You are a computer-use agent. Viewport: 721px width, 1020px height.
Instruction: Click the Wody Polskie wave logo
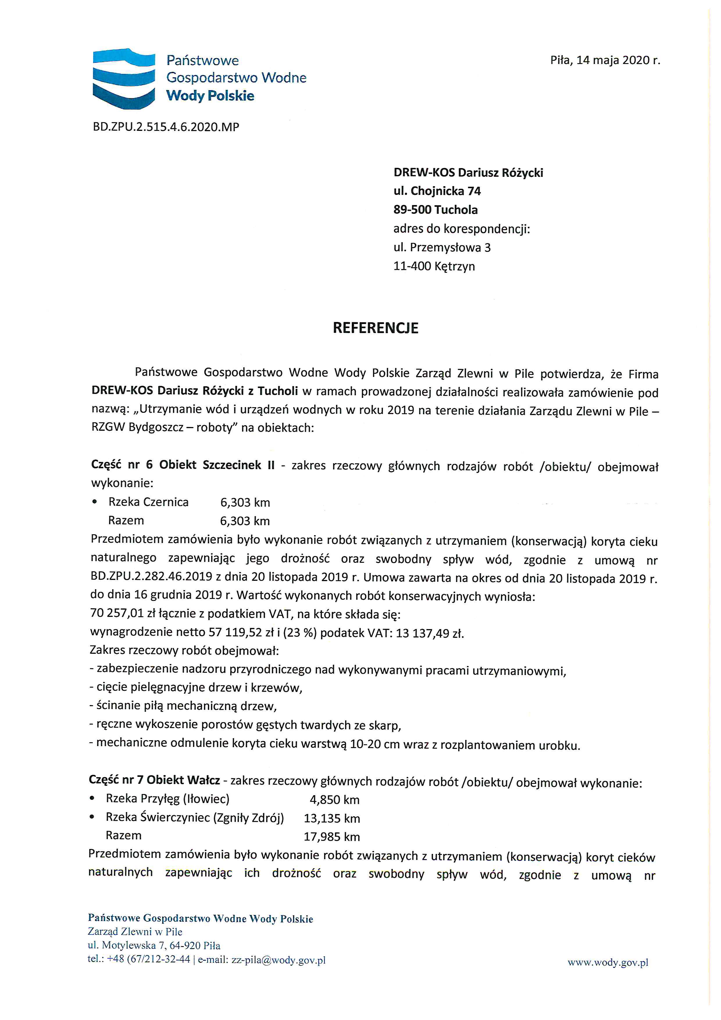[124, 78]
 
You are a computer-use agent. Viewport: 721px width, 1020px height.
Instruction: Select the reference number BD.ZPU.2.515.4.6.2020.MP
[166, 127]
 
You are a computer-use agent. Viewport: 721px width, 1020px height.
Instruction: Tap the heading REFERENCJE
[376, 328]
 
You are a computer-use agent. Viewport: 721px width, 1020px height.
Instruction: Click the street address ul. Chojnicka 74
[437, 191]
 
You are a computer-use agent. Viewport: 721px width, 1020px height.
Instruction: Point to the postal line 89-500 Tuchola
[436, 210]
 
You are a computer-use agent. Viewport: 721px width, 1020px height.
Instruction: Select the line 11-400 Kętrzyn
[434, 266]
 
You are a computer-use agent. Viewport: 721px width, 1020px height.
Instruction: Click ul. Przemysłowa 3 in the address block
[442, 248]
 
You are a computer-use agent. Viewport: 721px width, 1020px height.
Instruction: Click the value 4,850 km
[334, 800]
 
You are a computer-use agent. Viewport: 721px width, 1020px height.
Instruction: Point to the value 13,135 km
[332, 818]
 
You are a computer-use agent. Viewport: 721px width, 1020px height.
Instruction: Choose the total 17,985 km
[332, 837]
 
